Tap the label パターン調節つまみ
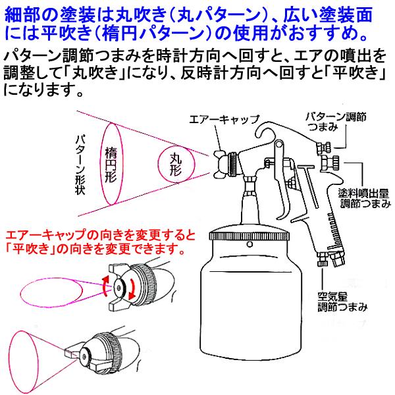pyautogui.click(x=337, y=122)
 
